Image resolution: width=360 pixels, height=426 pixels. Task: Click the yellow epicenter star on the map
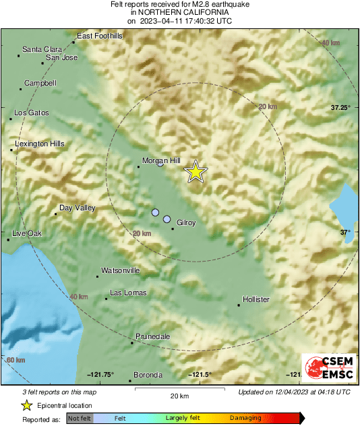(x=196, y=172)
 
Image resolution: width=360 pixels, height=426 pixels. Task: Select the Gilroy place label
(x=186, y=222)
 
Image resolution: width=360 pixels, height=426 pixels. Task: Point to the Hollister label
(x=256, y=299)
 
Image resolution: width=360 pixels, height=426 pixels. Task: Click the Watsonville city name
(x=120, y=270)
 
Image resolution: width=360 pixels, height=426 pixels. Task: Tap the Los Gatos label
(x=32, y=113)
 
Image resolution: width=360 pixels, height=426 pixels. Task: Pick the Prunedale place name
(x=152, y=336)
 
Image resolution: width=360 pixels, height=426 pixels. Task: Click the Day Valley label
(x=78, y=208)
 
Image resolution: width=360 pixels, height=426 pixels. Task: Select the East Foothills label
(x=100, y=35)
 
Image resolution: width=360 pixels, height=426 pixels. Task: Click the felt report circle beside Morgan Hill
(x=160, y=164)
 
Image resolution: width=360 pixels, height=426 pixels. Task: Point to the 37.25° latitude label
(x=341, y=107)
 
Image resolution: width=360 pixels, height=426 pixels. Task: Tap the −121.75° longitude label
(x=100, y=375)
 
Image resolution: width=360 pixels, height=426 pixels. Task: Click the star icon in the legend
(x=26, y=405)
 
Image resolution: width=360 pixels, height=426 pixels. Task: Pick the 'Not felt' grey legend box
(x=79, y=419)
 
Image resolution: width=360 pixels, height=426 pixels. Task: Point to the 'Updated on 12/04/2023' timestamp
(x=294, y=392)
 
